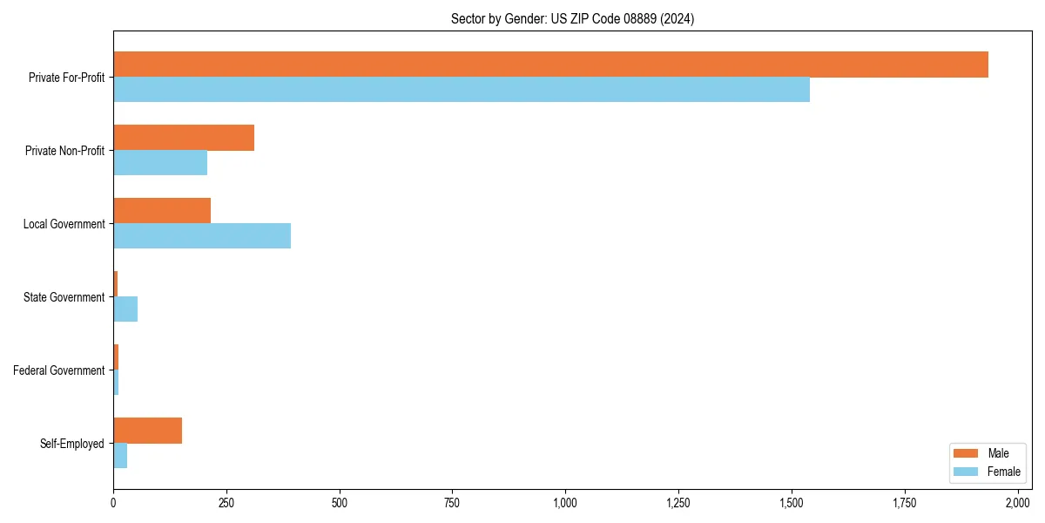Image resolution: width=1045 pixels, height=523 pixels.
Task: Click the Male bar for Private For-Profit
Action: (x=550, y=65)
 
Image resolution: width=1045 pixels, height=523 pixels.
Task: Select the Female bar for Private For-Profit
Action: (x=462, y=90)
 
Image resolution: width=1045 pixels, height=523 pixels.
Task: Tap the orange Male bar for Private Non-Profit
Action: (x=184, y=138)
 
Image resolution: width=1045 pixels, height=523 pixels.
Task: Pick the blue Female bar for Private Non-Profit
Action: (x=160, y=163)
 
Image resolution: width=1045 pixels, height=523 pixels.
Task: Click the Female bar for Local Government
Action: (x=202, y=236)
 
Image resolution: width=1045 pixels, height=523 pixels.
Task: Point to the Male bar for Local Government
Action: (x=162, y=211)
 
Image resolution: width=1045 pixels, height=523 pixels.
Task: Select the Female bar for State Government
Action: (x=125, y=309)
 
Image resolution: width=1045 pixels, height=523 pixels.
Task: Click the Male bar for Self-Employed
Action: (x=147, y=431)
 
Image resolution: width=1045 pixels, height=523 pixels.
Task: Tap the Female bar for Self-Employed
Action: (x=120, y=456)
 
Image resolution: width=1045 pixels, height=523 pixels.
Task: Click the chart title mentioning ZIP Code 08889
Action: (x=572, y=18)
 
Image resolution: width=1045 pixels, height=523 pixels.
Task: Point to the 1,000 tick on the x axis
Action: (x=565, y=503)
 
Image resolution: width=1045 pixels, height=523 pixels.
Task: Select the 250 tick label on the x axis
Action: (x=226, y=503)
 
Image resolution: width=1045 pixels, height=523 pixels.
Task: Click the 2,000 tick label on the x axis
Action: (x=1017, y=503)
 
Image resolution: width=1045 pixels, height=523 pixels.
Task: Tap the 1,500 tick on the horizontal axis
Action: (x=791, y=503)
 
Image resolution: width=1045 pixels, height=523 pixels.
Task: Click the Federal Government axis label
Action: (x=58, y=370)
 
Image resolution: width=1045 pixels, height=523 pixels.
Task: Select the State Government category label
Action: (x=64, y=297)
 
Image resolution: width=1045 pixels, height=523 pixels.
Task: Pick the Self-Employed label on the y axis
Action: (x=71, y=444)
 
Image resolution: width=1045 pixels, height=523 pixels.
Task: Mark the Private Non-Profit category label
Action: (x=64, y=151)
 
